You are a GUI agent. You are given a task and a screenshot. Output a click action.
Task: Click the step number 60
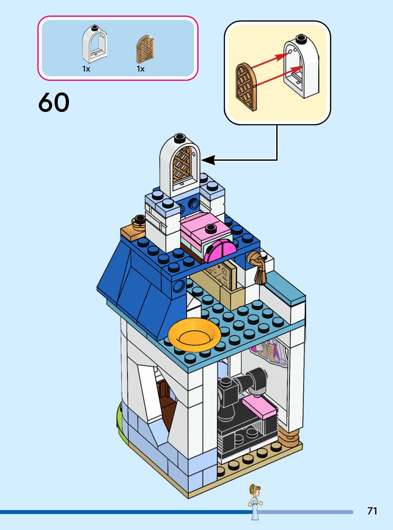(x=54, y=102)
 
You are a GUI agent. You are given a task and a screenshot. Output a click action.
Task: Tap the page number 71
(x=372, y=511)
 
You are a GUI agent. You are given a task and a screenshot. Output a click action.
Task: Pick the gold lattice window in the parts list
(x=145, y=49)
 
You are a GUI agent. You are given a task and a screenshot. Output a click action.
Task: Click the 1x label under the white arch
(x=86, y=69)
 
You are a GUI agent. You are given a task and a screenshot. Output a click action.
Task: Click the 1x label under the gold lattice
(x=141, y=69)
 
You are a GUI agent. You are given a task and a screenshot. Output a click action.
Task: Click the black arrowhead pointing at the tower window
(x=209, y=160)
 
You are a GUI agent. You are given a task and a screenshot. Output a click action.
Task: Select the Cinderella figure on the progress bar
(x=255, y=501)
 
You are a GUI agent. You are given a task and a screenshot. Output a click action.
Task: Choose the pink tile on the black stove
(x=259, y=407)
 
